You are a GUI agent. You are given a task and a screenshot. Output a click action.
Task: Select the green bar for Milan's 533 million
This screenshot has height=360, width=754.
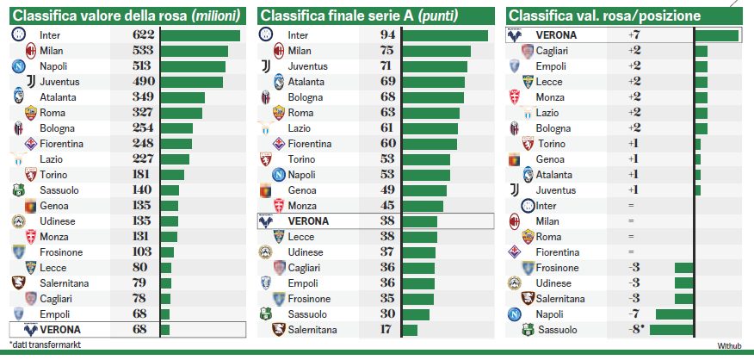194,51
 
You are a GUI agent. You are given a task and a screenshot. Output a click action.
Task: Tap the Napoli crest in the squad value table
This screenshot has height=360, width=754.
19,66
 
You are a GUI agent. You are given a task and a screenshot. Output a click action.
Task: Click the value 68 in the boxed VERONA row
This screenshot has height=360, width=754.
140,330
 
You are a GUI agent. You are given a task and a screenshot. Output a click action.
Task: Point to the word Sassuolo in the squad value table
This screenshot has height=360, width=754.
60,189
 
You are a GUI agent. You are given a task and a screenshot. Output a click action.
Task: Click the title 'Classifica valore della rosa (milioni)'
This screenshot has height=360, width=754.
127,16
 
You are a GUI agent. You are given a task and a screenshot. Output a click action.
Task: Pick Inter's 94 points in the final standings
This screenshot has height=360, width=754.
387,35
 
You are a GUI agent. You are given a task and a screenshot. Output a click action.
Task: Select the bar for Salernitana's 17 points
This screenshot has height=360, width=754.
410,330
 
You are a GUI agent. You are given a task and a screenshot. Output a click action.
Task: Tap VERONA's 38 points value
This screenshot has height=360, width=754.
387,220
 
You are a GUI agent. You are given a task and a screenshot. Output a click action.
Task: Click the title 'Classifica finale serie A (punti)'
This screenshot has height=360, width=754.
359,16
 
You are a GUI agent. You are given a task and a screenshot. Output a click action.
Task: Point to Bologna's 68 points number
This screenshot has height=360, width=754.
387,97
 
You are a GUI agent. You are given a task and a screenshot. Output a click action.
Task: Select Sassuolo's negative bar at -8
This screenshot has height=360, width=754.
671,330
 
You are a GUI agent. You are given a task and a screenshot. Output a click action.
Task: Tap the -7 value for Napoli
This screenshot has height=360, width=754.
633,314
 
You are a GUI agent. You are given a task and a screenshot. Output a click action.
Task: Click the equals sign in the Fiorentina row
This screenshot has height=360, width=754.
631,252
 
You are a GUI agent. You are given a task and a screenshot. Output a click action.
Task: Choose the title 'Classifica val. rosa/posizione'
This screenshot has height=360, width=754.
603,16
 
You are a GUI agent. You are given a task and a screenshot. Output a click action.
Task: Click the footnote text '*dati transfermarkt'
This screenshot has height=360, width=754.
41,344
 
